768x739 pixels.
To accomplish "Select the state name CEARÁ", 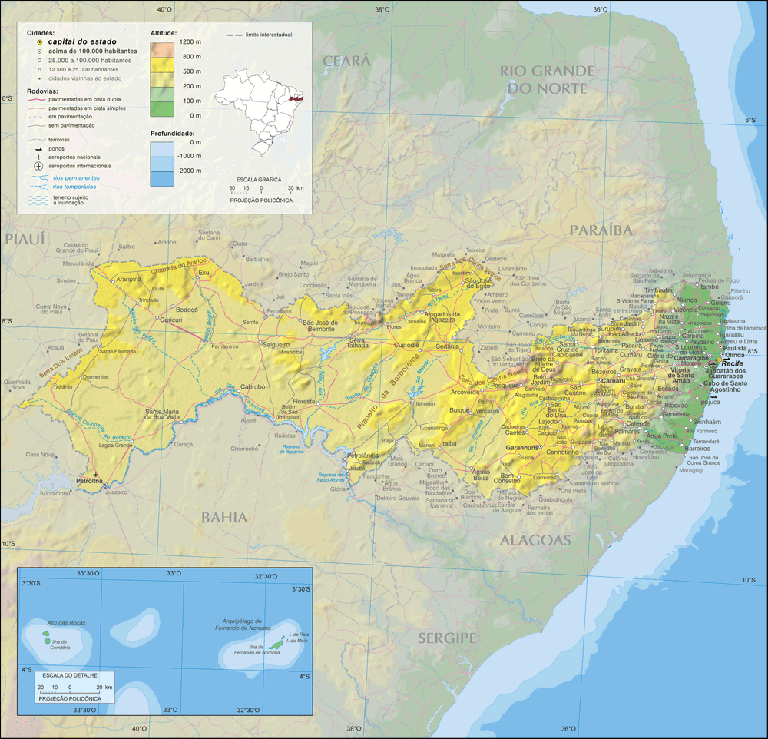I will click(346, 61).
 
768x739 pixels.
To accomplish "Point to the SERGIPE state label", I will click(448, 638).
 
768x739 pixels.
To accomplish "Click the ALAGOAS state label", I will click(536, 540).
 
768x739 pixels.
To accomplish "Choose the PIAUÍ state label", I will click(25, 240).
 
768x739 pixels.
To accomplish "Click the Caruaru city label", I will click(614, 380).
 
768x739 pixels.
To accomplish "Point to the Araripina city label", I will click(127, 280).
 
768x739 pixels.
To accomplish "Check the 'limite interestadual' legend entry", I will click(259, 35).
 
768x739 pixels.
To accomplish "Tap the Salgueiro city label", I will click(276, 345).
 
